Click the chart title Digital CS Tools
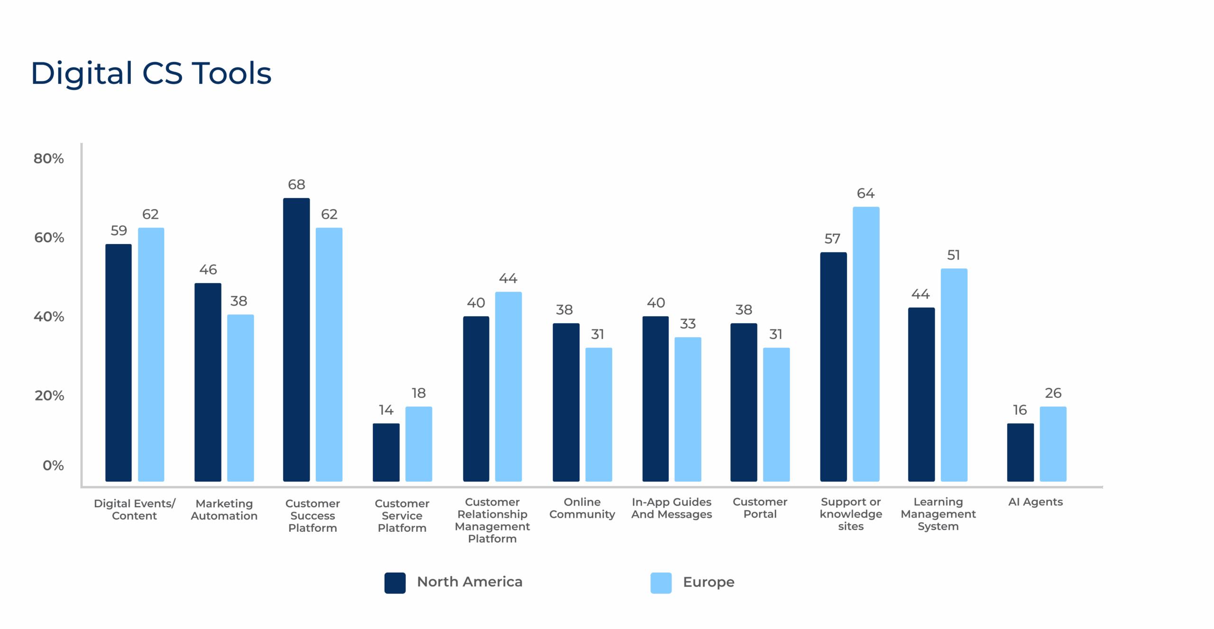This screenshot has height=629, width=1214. tap(151, 74)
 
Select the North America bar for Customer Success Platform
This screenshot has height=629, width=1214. tap(296, 339)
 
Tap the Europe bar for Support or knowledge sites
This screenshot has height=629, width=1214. tap(866, 344)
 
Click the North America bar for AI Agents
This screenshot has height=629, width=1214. tap(1020, 452)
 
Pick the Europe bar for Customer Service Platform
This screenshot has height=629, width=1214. tap(418, 444)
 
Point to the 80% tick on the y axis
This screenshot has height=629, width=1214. tap(48, 158)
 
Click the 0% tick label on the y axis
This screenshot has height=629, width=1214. tap(53, 465)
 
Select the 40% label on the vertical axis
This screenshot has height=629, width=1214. tap(48, 316)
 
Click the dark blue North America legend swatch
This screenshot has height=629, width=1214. tap(395, 583)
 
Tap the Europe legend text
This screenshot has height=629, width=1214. tap(708, 582)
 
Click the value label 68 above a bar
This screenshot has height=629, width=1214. tap(296, 184)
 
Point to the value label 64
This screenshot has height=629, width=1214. tap(865, 193)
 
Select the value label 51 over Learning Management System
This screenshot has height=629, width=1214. tap(954, 255)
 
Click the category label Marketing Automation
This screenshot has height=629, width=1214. tap(224, 510)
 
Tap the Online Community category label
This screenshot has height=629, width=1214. tap(582, 508)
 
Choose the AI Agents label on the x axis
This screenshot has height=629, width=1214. tap(1035, 502)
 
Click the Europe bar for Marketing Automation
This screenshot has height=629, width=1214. tap(240, 398)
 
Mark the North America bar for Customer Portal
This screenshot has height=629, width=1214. tap(744, 402)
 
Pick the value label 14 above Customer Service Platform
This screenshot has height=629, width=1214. tap(386, 410)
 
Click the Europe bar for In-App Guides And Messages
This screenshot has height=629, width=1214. tap(688, 409)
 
